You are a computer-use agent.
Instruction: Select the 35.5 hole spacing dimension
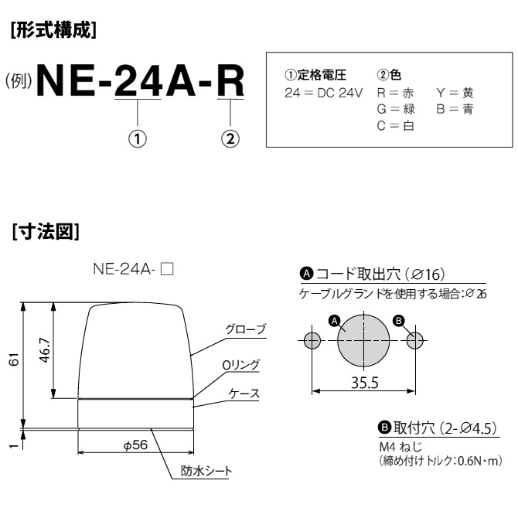[362, 381]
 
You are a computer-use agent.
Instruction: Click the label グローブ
[245, 329]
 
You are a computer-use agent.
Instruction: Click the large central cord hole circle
[363, 341]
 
